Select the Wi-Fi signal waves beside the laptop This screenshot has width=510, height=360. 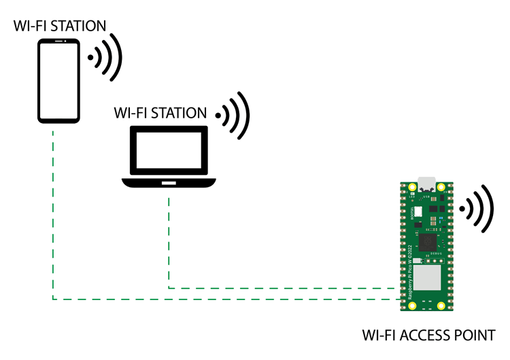pyautogui.click(x=235, y=115)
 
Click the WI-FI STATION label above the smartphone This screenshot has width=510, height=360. pyautogui.click(x=60, y=27)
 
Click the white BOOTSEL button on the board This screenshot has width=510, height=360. pyautogui.click(x=419, y=212)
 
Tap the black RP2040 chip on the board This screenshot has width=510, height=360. pyautogui.click(x=427, y=242)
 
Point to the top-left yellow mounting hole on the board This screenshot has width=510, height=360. pyautogui.click(x=412, y=187)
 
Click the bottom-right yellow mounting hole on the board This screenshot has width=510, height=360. pyautogui.click(x=441, y=306)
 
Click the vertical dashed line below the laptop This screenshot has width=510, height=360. pyautogui.click(x=169, y=238)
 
